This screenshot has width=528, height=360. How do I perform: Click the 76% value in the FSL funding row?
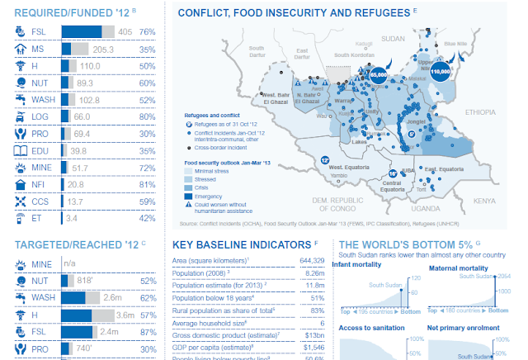[x=148, y=31]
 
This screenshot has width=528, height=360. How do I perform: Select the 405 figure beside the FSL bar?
[x=125, y=31]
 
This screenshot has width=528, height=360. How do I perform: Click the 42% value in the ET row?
[x=148, y=219]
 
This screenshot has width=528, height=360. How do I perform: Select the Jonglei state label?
[x=417, y=121]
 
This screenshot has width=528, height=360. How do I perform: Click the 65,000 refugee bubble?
[x=379, y=75]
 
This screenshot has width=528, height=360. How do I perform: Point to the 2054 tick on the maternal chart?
[x=504, y=276]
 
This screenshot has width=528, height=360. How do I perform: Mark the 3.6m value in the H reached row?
[x=125, y=315]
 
